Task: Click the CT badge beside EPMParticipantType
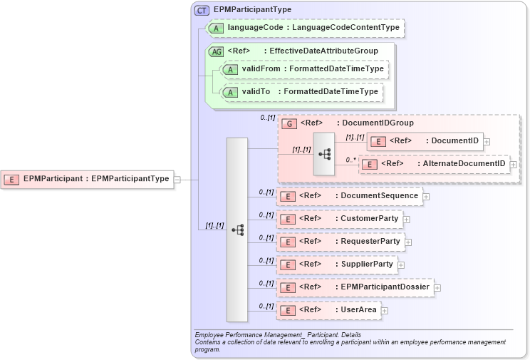[202, 10]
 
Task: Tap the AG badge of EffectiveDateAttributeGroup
[216, 51]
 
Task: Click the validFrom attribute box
[303, 69]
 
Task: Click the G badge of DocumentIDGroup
[289, 123]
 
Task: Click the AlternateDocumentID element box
[434, 165]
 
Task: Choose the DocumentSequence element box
[349, 196]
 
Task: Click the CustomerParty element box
[340, 219]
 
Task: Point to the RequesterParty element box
[341, 242]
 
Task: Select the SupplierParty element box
[337, 264]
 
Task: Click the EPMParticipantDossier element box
[355, 287]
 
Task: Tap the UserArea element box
[328, 310]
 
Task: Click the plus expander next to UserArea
[384, 310]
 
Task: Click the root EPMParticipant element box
[88, 179]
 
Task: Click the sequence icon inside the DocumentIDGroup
[324, 153]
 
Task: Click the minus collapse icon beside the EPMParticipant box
[177, 180]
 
